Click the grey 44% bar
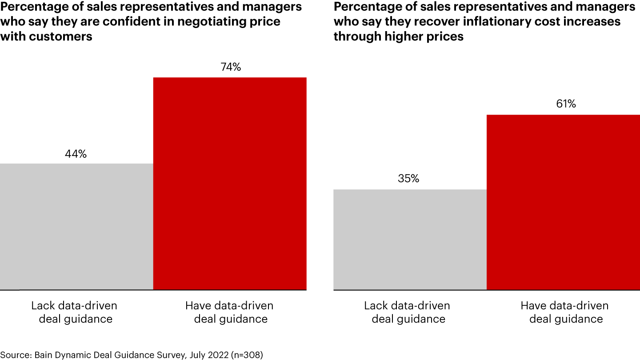click(76, 227)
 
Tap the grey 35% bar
click(410, 240)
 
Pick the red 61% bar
click(563, 202)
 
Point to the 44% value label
click(76, 154)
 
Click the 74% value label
click(231, 67)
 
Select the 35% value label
click(408, 179)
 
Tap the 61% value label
click(566, 104)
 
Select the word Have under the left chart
click(198, 306)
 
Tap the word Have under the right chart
click(533, 306)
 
